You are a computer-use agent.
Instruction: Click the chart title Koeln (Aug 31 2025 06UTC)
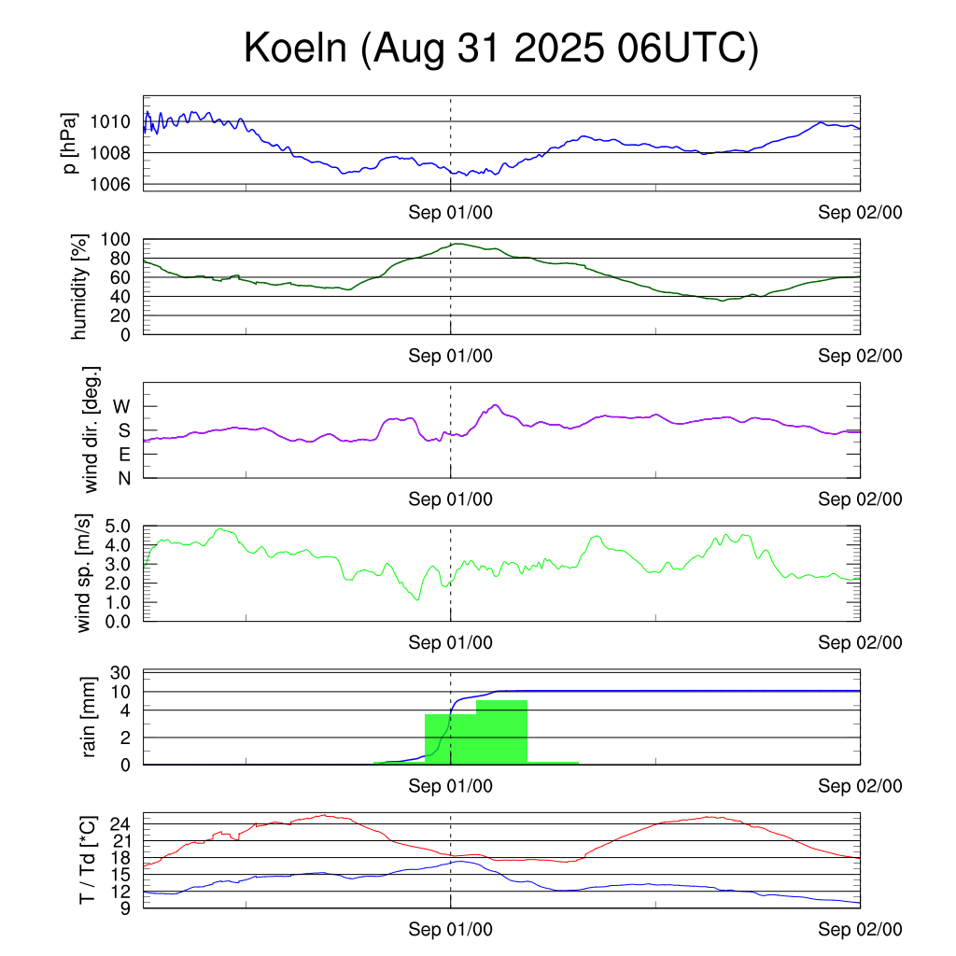[501, 49]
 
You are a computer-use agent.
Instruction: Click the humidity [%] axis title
[79, 287]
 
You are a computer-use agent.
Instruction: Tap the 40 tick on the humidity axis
[122, 296]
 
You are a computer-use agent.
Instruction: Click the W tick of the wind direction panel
[122, 407]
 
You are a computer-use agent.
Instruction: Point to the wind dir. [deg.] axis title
[91, 429]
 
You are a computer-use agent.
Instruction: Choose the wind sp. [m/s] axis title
[85, 573]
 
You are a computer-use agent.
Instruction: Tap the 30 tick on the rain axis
[122, 673]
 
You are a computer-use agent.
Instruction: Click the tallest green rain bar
[501, 732]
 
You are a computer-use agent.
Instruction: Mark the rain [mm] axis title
[90, 717]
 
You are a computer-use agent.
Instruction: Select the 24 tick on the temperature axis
[122, 824]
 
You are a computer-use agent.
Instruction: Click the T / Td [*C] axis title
[87, 860]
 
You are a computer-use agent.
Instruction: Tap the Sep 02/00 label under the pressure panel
[860, 213]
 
